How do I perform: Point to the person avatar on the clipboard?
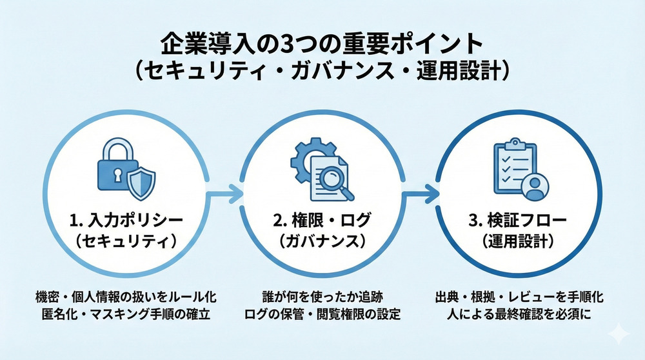coord(533,187)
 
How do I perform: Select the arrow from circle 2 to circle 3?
coord(421,192)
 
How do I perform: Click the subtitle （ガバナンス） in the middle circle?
coord(322,241)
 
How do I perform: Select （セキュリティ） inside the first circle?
coord(126,241)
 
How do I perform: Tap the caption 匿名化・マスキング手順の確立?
coord(126,315)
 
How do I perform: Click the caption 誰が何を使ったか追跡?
coord(321,298)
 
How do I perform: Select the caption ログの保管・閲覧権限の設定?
coord(321,315)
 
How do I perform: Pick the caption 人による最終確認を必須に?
coord(519,315)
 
